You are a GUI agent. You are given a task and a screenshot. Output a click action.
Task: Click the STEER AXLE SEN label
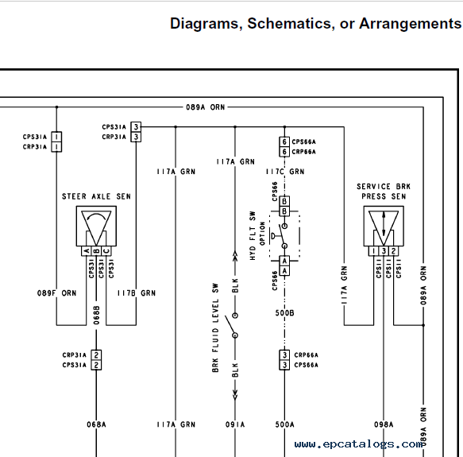96,196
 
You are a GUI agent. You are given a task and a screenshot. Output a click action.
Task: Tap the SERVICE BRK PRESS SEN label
384,192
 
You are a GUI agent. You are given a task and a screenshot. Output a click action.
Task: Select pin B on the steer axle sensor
96,251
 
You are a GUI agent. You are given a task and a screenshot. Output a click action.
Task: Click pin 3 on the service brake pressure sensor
384,251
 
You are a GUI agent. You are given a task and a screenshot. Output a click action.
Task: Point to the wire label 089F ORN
56,293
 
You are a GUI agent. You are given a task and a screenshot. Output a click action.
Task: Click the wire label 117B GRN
136,293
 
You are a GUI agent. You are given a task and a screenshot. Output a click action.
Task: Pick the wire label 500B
284,313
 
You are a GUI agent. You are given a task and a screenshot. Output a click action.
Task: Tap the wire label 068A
96,424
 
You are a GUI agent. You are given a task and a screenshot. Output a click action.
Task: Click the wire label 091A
235,424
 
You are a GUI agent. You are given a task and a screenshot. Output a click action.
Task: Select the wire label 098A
384,424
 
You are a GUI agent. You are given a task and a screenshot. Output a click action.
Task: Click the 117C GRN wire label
285,172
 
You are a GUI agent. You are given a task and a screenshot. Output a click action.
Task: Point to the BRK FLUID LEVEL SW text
215,327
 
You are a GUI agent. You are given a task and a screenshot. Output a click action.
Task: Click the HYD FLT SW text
253,236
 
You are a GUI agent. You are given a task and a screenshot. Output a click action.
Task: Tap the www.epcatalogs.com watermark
358,444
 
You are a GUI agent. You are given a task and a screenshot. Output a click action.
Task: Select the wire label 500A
284,424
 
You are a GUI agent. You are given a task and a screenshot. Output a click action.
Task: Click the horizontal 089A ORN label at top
205,107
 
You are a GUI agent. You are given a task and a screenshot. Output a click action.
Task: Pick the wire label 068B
97,315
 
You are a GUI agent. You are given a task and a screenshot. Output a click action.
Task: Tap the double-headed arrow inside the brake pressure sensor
384,224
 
